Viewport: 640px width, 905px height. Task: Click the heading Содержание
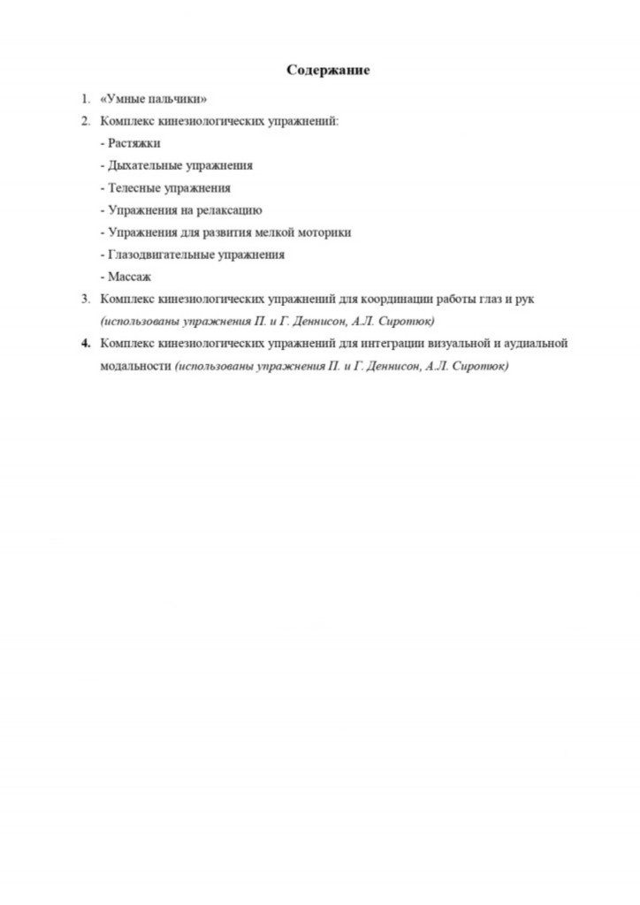[x=328, y=70]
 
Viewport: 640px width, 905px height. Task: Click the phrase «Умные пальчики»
[x=154, y=99]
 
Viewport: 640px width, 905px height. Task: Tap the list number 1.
[x=85, y=99]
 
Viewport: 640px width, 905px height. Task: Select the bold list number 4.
[x=85, y=343]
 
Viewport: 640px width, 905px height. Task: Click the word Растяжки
[x=133, y=143]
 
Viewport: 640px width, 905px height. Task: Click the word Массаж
[x=129, y=277]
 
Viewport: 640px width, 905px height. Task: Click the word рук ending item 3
[x=524, y=299]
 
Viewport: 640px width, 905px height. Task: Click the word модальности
[x=135, y=365]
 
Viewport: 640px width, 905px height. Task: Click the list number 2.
[x=85, y=121]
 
